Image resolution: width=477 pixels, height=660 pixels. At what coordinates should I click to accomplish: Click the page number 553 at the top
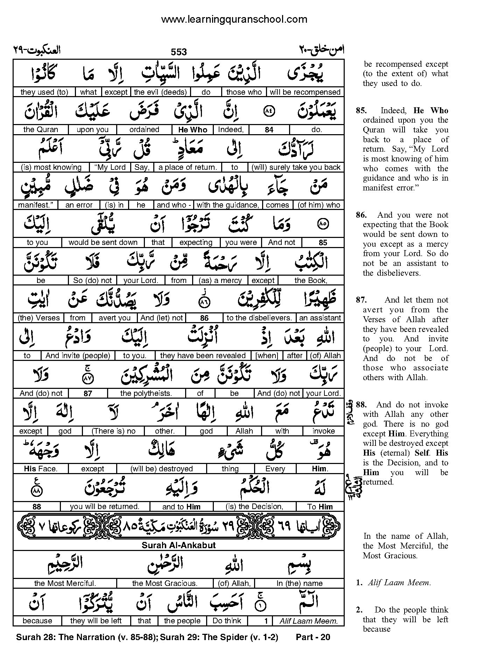[x=178, y=52]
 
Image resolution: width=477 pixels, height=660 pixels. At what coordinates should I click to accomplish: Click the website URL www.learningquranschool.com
[x=234, y=19]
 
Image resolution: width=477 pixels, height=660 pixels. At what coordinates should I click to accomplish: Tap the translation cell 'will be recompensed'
[x=305, y=92]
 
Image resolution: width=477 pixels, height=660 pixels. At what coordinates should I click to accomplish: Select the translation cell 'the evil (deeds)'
[x=160, y=92]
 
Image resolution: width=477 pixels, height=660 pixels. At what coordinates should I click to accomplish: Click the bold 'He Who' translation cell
[x=193, y=130]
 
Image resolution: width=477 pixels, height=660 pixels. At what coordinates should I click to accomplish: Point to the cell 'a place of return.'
[x=188, y=167]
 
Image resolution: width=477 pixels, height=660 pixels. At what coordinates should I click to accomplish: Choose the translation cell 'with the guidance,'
[x=228, y=205]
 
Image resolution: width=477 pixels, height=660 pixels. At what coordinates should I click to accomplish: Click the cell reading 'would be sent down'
[x=103, y=242]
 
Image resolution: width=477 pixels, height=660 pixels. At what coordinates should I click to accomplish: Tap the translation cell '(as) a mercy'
[x=220, y=280]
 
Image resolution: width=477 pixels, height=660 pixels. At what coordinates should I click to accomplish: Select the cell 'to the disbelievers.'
[x=259, y=318]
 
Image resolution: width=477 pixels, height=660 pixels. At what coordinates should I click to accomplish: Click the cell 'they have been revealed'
[x=203, y=356]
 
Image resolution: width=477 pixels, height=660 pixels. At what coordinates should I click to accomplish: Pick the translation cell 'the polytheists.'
[x=146, y=393]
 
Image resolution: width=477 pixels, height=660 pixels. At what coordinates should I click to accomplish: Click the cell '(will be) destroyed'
[x=162, y=469]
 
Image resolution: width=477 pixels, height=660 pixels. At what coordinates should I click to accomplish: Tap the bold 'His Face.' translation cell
[x=41, y=469]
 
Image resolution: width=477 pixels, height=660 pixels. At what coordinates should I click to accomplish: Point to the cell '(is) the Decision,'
[x=254, y=507]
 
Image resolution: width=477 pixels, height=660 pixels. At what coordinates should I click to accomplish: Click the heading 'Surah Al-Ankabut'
[x=178, y=545]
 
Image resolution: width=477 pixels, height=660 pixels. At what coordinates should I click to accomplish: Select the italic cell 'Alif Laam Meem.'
[x=309, y=621]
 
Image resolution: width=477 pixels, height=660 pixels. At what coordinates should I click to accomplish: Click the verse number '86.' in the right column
[x=361, y=215]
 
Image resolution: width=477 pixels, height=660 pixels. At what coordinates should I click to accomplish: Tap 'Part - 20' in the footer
[x=313, y=637]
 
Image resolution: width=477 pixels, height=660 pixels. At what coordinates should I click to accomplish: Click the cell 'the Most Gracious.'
[x=165, y=583]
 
